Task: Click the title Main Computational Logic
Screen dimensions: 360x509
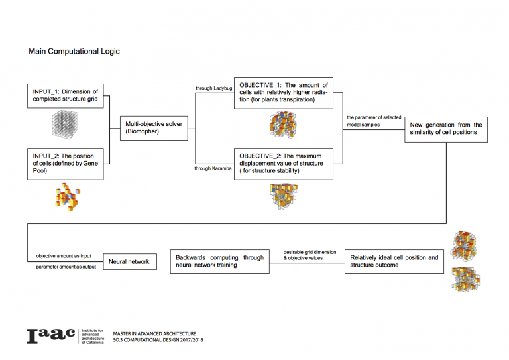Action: [x=74, y=51]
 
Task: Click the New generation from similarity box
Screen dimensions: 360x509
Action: [x=445, y=128]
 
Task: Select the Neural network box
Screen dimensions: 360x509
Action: [x=129, y=262]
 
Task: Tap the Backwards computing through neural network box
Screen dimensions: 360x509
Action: [x=219, y=262]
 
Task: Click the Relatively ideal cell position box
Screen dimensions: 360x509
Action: [x=394, y=262]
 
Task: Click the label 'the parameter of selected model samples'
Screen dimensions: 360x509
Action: [x=374, y=121]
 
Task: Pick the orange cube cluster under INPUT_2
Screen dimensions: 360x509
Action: [x=67, y=197]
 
